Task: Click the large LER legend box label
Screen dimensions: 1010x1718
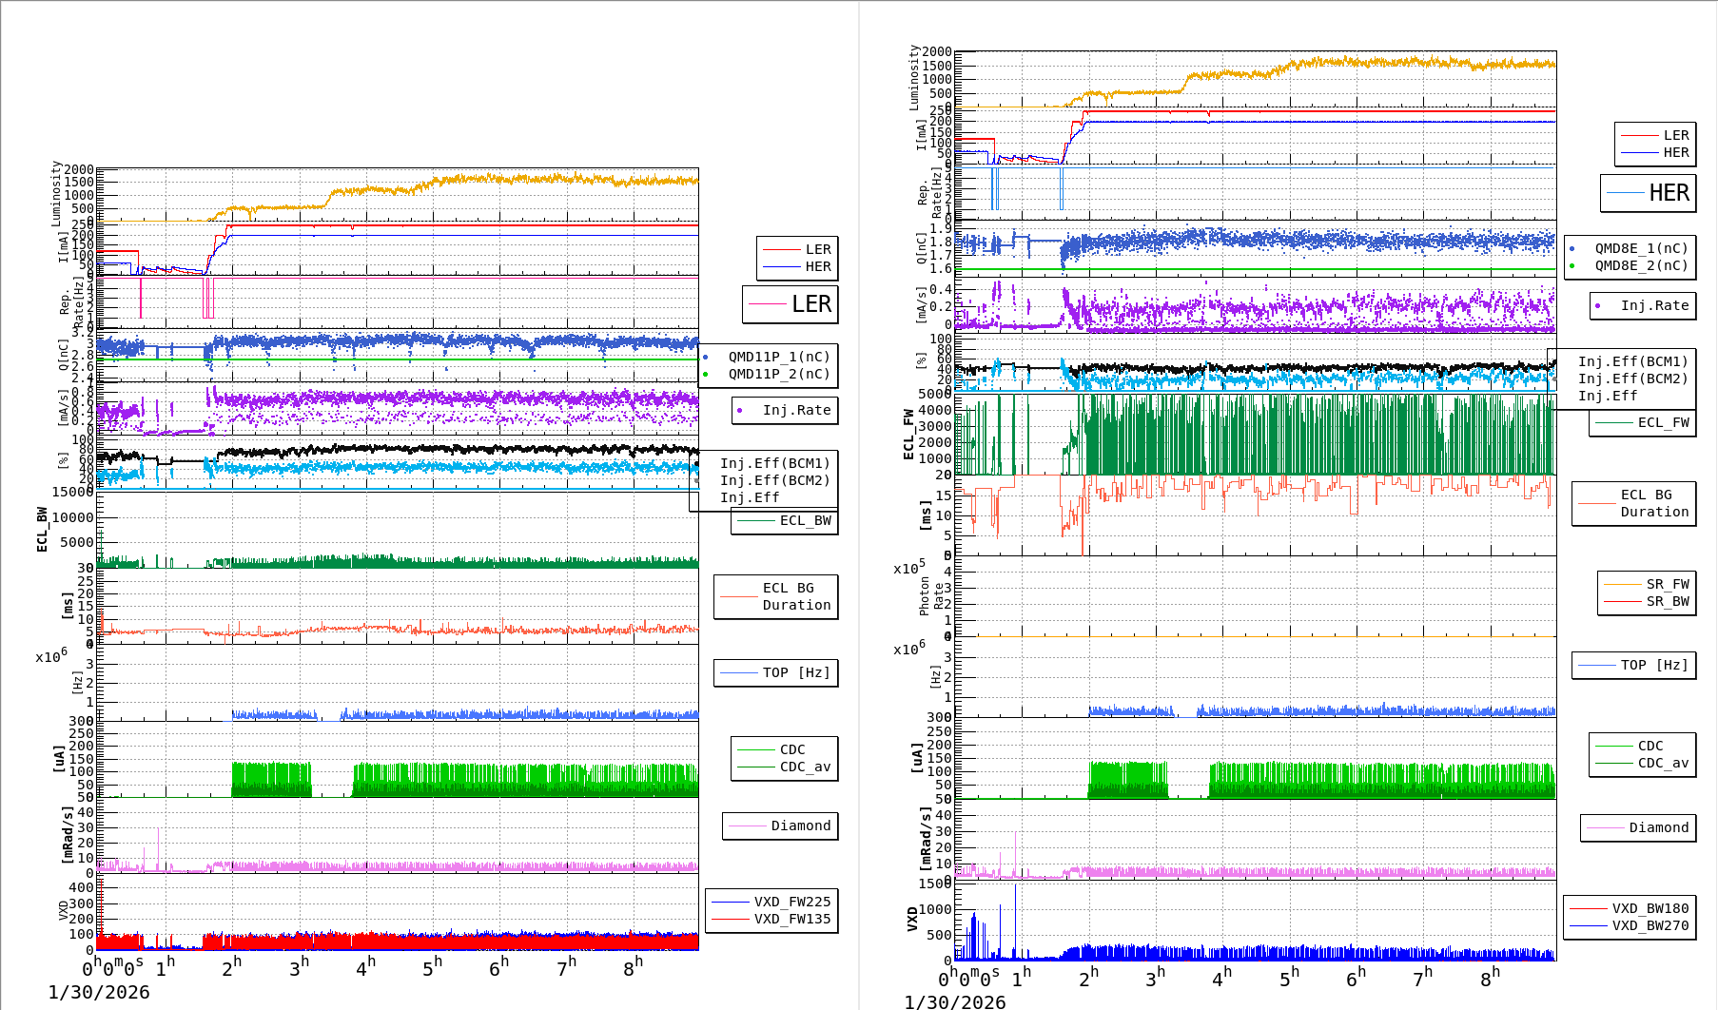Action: (810, 304)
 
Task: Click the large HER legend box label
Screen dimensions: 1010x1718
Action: (1669, 193)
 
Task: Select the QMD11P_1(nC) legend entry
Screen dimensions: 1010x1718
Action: (778, 357)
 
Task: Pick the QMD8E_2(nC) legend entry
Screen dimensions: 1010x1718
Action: (1641, 265)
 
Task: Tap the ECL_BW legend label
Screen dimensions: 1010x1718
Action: (805, 520)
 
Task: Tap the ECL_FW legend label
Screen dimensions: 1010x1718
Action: (1663, 422)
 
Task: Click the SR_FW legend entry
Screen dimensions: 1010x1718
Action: (1667, 584)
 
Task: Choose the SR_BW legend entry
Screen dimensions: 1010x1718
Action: (1667, 601)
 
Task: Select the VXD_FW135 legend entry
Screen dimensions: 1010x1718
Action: (791, 919)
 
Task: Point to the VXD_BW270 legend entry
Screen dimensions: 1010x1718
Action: (1650, 925)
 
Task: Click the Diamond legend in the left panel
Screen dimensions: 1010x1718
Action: (800, 825)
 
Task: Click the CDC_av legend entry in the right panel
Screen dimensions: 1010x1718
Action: (1661, 763)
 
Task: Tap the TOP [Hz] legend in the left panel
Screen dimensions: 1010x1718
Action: (795, 672)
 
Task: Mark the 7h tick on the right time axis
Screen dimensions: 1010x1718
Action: (1422, 978)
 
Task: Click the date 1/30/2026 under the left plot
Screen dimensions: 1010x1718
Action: (99, 992)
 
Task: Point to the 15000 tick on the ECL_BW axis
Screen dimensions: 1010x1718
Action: (73, 492)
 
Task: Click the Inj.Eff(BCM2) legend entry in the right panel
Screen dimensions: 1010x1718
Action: (1632, 379)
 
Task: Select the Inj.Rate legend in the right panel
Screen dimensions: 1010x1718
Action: (1654, 305)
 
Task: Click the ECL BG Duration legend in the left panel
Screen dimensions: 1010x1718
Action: (795, 596)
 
